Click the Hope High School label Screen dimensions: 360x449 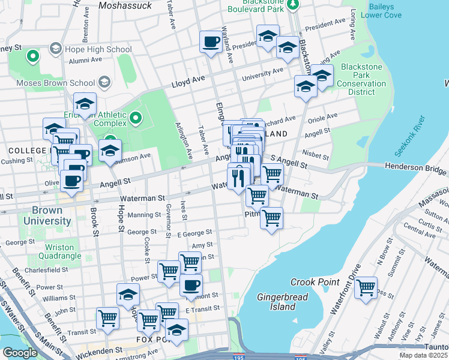(98, 49)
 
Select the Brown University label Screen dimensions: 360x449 (47, 216)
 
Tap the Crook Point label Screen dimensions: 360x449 (315, 282)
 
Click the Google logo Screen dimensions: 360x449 (20, 353)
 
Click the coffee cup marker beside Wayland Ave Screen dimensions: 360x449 (211, 41)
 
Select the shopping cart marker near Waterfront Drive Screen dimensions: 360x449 (365, 288)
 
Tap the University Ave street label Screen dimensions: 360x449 (262, 74)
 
